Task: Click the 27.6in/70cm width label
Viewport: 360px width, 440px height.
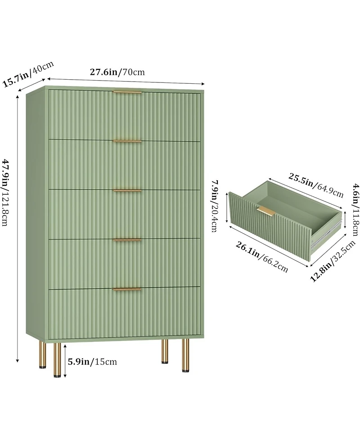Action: [x=117, y=72]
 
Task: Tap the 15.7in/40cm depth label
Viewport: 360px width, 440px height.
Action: [x=28, y=74]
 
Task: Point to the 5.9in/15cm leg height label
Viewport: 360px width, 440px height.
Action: [x=92, y=362]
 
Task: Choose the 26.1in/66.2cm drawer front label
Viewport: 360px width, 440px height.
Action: [x=261, y=257]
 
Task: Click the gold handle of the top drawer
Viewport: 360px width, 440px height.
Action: [x=127, y=92]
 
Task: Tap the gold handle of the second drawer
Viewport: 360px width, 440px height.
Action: [x=127, y=141]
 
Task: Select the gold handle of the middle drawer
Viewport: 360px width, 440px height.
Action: [x=127, y=191]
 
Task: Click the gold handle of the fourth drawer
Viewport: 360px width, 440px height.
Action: [x=127, y=240]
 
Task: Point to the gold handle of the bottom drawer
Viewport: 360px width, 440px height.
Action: [x=127, y=289]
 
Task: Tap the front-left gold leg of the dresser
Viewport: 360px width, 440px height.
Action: [x=57, y=359]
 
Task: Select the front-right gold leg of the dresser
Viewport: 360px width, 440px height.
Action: [x=185, y=355]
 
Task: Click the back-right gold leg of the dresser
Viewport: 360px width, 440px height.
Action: [x=165, y=351]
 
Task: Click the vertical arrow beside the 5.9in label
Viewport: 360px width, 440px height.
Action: [x=65, y=361]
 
